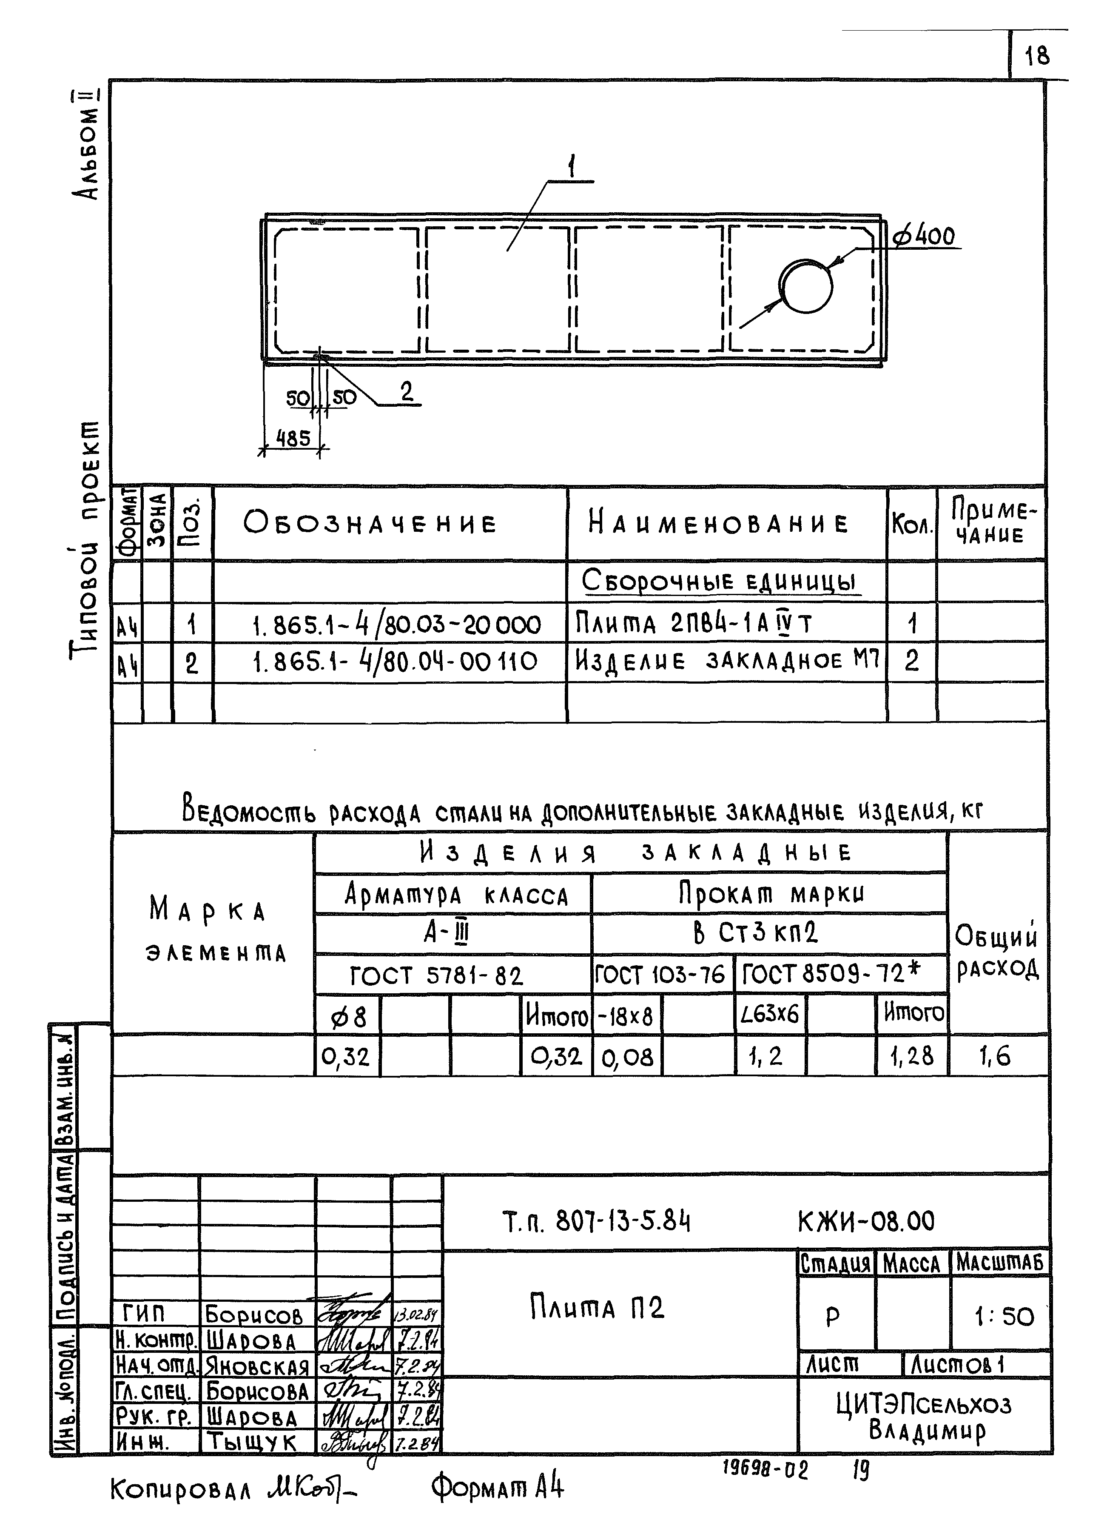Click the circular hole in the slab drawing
click(805, 286)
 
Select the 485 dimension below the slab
click(293, 438)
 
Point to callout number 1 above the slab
click(572, 166)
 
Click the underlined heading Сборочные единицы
click(720, 582)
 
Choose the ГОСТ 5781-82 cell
click(436, 976)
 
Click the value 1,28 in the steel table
click(911, 1056)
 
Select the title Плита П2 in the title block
click(597, 1307)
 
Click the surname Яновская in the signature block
click(257, 1367)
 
